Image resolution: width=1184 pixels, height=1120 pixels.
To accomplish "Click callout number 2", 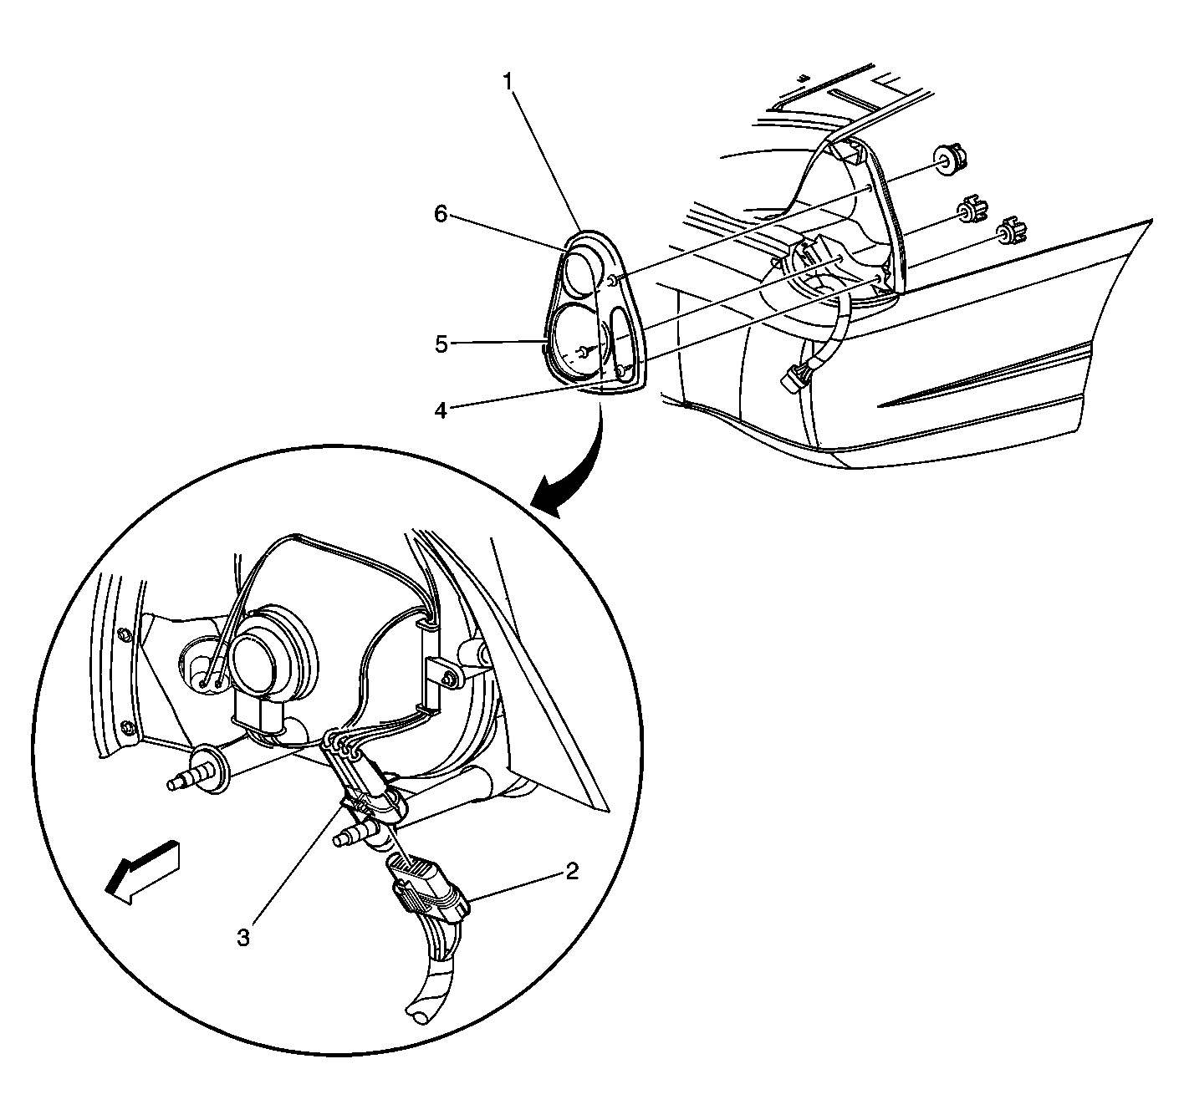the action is coord(572,871).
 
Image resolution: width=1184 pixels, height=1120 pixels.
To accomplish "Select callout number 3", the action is coord(243,938).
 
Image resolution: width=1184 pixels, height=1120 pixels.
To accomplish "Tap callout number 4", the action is coord(441,410).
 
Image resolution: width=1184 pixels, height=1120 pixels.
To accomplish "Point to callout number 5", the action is coord(441,345).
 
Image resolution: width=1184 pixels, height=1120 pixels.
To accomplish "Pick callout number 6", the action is coord(441,214).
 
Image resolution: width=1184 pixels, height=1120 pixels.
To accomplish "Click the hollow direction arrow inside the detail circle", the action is coord(142,872).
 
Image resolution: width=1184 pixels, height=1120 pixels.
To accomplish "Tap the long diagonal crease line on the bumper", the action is coord(985,375).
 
